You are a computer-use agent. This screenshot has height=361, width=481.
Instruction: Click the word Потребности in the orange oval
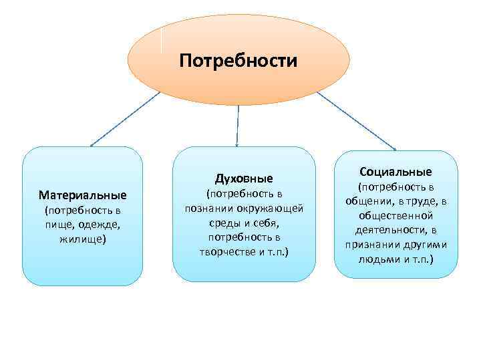click(x=238, y=62)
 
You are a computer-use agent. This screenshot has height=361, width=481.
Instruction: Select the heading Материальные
click(x=82, y=196)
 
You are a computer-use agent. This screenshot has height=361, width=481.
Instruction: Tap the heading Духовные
click(x=244, y=178)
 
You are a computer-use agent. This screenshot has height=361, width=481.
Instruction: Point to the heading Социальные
click(x=395, y=172)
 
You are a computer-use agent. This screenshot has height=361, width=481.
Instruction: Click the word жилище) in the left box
click(x=82, y=237)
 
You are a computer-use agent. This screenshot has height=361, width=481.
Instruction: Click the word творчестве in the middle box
click(x=226, y=251)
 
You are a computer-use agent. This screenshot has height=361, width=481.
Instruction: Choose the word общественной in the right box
click(x=395, y=215)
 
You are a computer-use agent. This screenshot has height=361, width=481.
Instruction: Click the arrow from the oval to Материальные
click(x=125, y=118)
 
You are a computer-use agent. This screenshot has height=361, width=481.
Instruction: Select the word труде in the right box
click(x=420, y=201)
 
